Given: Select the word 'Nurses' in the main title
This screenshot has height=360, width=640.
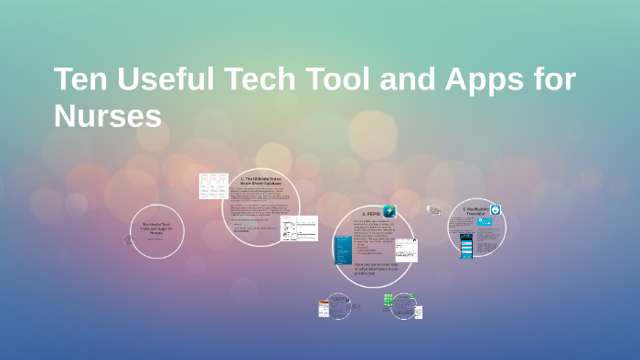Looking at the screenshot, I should [x=108, y=116].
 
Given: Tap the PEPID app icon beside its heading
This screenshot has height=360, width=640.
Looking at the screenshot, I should [x=390, y=211].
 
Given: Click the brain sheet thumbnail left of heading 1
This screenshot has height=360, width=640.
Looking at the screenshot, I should [x=212, y=185].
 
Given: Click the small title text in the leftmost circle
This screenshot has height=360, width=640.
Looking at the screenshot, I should [x=156, y=228].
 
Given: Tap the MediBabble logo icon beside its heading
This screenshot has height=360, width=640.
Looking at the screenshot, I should [x=496, y=210].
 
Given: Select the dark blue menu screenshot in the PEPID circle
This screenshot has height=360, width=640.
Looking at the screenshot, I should [x=343, y=249].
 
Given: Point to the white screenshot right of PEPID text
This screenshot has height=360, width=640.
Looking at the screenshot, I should [x=405, y=249].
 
